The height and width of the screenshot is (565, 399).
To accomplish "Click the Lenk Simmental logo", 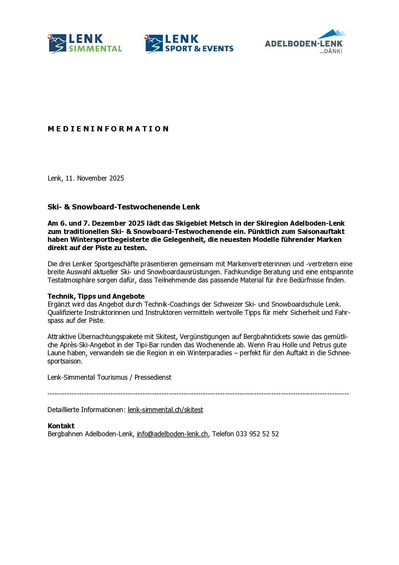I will (85, 44).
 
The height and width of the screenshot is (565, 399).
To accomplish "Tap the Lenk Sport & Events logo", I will (189, 44).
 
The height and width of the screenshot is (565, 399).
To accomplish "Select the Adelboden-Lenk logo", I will (305, 41).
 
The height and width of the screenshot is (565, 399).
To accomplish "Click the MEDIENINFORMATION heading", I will (108, 129).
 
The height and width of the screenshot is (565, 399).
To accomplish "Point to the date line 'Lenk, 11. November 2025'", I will (86, 178).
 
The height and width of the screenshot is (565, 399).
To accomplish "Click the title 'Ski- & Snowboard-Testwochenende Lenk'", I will (123, 207).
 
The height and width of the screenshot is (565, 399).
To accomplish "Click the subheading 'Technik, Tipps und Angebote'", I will (96, 296).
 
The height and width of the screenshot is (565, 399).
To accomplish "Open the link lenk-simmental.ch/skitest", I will (165, 410).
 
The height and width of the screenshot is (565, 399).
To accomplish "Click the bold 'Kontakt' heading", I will (61, 426).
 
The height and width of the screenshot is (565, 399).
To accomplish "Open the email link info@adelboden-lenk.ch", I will (172, 434).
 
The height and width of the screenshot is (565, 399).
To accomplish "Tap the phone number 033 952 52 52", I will (257, 434).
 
